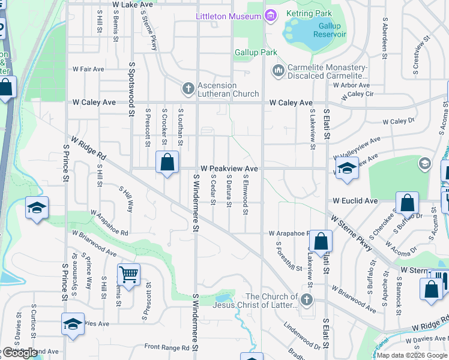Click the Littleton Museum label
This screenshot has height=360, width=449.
coord(229,16)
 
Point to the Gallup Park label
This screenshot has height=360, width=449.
coord(256,53)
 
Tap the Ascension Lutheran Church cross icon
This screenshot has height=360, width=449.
coord(188,89)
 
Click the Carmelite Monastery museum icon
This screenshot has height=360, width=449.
coord(278,71)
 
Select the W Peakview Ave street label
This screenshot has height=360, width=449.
coord(229,169)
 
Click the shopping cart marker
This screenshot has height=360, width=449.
coord(128,275)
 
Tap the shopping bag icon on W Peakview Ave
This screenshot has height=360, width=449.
coord(167,162)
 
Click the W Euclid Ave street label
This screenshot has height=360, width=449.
coord(355,200)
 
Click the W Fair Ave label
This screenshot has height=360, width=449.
coord(88,69)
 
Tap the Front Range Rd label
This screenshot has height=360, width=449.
coord(168,347)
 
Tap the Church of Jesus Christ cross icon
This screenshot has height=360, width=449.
coord(307,299)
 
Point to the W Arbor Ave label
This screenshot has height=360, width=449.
coord(351,85)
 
